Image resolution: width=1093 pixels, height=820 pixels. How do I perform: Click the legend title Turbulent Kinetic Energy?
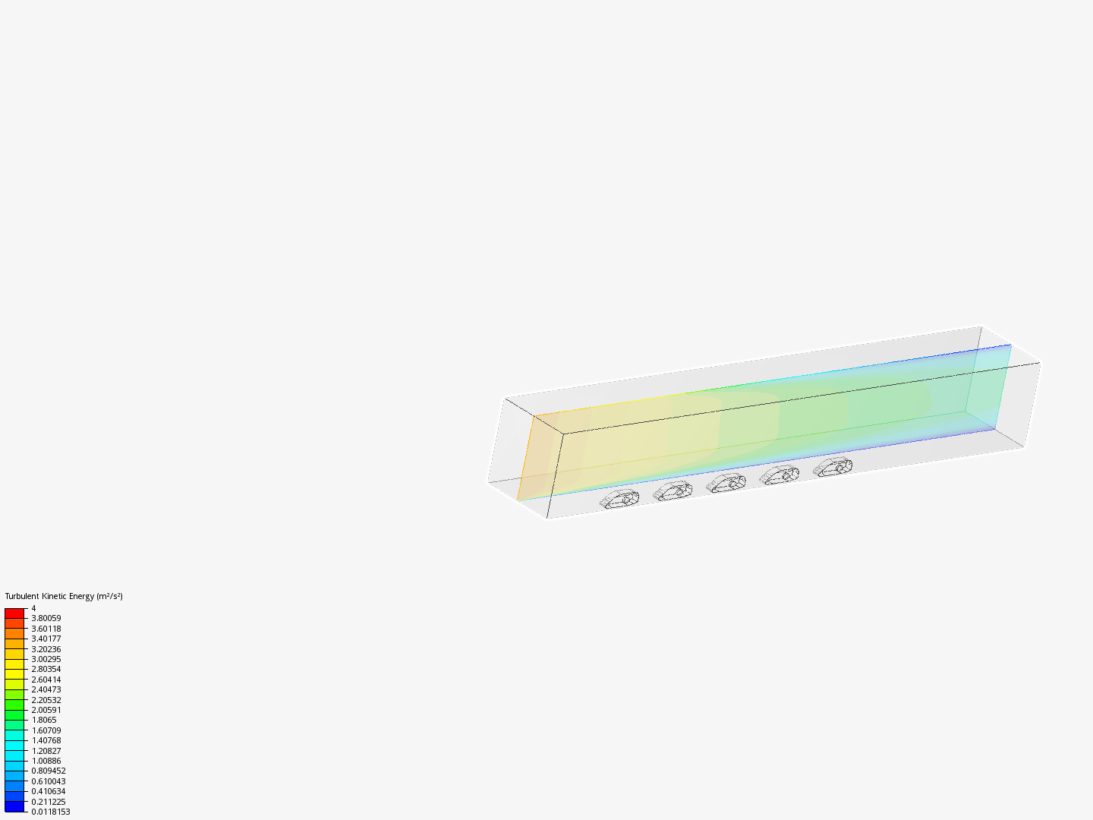point(50,596)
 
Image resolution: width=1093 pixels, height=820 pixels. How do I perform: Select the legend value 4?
point(33,608)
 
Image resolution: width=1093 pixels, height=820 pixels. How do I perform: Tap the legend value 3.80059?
point(46,618)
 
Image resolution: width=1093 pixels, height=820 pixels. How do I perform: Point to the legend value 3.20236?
point(46,649)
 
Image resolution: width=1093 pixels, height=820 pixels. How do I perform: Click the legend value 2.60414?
point(46,680)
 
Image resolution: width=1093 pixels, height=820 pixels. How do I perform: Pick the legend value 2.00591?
point(46,710)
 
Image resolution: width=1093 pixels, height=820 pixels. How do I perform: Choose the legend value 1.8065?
point(44,720)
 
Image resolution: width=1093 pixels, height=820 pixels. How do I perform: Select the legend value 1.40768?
point(46,740)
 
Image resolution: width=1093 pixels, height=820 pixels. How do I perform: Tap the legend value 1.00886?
point(46,761)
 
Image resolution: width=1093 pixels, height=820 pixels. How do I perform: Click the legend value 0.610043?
point(49,781)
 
